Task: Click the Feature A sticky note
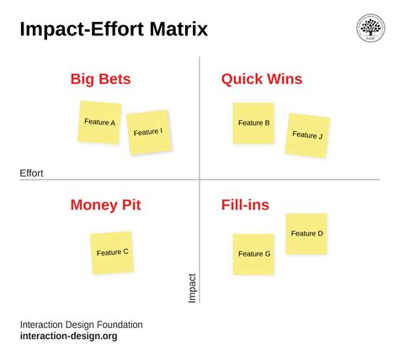tap(100, 122)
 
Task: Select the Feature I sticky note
tap(148, 132)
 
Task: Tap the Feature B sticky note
tap(253, 123)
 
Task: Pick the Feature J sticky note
tap(307, 135)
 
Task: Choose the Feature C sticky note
tap(112, 252)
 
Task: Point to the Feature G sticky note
tap(253, 254)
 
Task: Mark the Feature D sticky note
tap(306, 234)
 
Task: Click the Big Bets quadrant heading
tap(100, 80)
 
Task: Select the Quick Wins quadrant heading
tap(262, 80)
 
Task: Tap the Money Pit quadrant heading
tap(105, 204)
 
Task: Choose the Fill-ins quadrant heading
tap(245, 204)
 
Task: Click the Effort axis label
tap(31, 173)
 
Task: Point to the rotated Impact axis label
tap(192, 287)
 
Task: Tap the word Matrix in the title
tap(176, 30)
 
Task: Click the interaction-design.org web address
tap(68, 336)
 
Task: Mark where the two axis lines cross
tap(199, 179)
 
